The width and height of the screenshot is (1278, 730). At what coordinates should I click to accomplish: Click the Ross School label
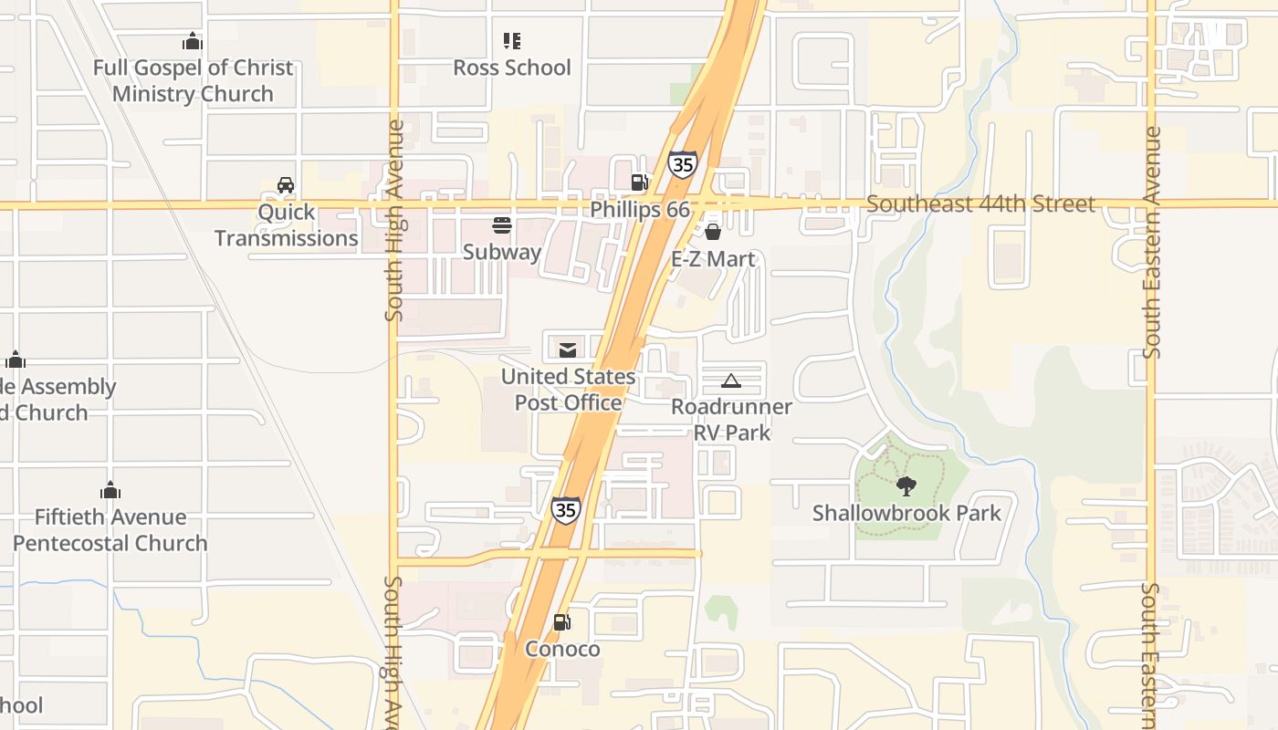click(512, 68)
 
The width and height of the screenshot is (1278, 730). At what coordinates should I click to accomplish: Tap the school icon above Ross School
click(512, 41)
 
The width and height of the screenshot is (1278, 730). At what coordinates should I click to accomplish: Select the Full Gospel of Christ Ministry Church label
click(193, 80)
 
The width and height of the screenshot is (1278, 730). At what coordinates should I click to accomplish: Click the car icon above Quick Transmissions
click(286, 185)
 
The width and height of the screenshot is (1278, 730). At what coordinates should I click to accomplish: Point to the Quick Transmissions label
click(286, 225)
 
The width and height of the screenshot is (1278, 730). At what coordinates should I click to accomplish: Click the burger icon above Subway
click(502, 224)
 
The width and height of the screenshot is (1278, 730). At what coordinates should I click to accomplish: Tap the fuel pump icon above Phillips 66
click(640, 182)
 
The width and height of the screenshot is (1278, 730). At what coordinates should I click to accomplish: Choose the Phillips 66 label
click(640, 209)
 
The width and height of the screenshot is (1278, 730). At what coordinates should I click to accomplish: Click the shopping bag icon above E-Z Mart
click(713, 232)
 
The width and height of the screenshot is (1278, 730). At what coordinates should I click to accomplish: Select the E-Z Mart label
click(713, 259)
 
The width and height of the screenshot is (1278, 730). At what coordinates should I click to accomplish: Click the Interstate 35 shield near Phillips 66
click(683, 164)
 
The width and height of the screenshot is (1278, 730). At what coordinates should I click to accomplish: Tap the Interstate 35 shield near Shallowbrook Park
click(566, 510)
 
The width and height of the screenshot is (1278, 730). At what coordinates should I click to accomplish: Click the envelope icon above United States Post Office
click(568, 349)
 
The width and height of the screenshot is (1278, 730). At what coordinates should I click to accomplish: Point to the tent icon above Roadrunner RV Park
click(730, 381)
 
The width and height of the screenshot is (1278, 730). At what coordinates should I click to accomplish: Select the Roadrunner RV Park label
click(731, 419)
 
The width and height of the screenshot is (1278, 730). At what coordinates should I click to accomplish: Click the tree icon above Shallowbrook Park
click(906, 485)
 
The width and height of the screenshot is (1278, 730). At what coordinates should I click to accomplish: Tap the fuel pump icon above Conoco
click(562, 622)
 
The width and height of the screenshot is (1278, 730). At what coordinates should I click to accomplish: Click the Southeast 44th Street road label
click(980, 203)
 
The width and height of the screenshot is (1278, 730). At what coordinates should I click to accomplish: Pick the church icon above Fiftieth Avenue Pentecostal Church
click(110, 490)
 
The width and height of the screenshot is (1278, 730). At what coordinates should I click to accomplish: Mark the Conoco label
click(562, 650)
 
